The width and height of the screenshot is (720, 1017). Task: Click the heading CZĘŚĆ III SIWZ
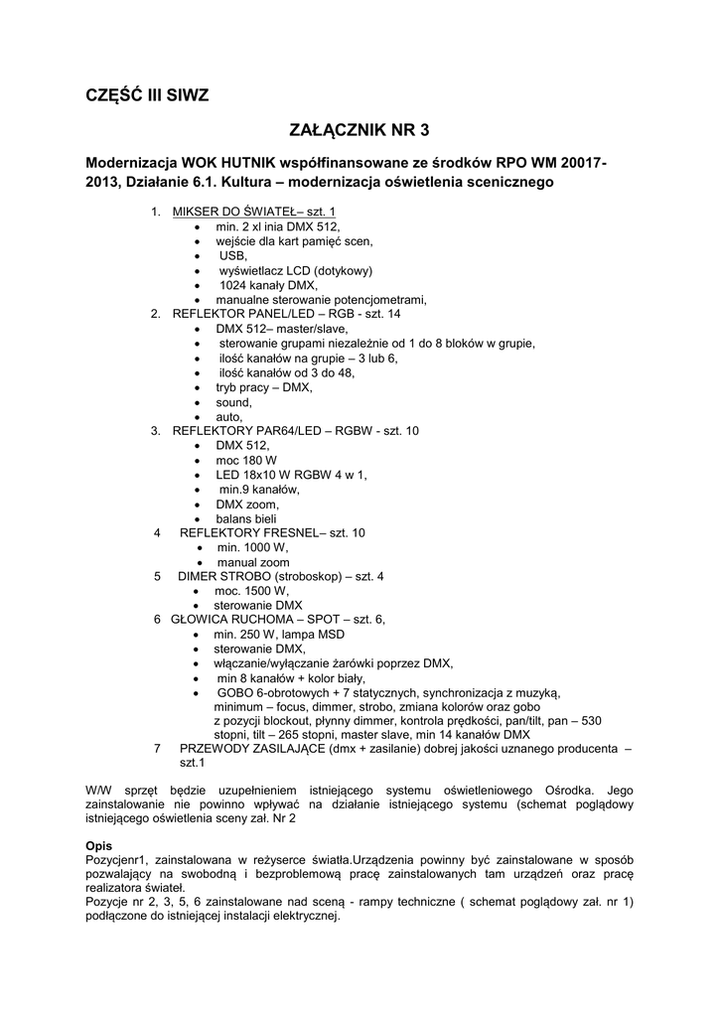coord(146,95)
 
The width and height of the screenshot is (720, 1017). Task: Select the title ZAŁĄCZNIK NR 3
coord(360,130)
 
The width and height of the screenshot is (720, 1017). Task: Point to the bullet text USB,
coord(233,255)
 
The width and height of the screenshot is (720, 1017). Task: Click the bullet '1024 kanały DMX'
coord(261,285)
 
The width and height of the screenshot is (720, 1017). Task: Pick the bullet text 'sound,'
coord(234,402)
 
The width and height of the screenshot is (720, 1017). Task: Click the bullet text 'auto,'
coord(229,417)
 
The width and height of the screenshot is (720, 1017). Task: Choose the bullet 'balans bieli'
coord(246,518)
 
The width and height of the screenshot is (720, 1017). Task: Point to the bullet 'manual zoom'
coord(253,562)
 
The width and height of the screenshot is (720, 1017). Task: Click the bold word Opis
coord(99,844)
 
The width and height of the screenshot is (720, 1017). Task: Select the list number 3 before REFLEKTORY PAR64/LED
coord(155,431)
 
